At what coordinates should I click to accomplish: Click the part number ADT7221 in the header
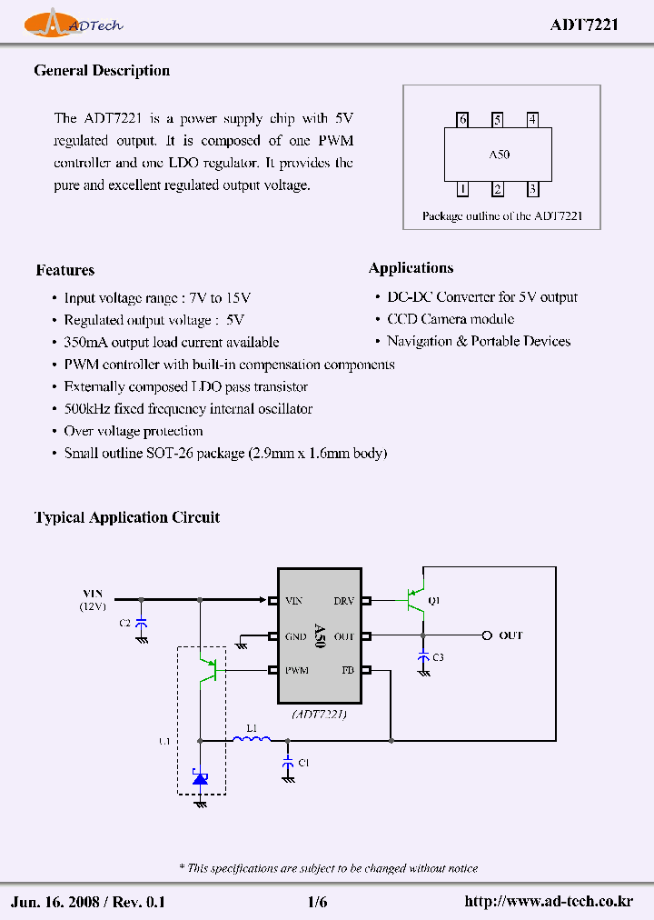pos(583,25)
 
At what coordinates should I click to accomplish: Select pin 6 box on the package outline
pos(463,119)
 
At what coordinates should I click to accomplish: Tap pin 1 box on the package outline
pos(462,189)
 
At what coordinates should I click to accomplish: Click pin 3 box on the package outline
pos(532,189)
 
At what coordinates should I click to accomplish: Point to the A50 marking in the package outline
pos(499,155)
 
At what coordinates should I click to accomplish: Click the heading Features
pos(64,270)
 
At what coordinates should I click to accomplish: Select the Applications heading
pos(411,268)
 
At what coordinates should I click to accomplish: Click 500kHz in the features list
pos(86,409)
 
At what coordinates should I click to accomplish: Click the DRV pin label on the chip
pos(343,601)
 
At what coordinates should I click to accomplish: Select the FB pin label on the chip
pos(347,671)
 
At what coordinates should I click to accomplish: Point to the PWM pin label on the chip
pos(296,671)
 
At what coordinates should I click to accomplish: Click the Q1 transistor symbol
pos(415,600)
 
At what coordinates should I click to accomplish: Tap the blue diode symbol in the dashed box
pos(200,777)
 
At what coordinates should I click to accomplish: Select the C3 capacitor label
pos(438,657)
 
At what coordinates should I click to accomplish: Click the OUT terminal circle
pos(487,635)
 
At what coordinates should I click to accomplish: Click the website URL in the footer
pos(548,902)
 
